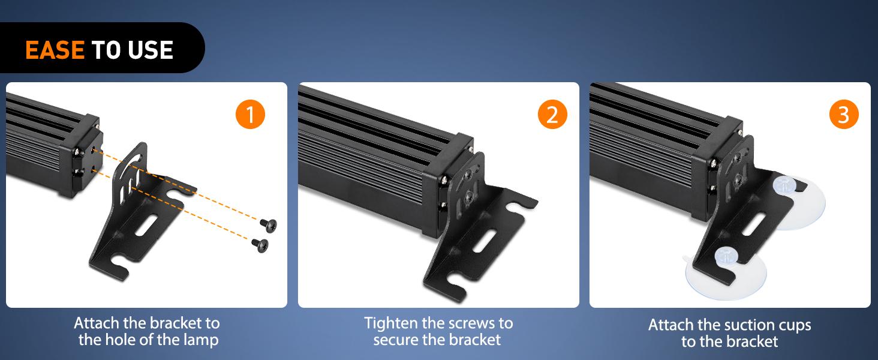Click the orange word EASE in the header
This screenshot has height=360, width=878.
tap(55, 50)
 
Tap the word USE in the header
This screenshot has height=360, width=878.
tap(151, 50)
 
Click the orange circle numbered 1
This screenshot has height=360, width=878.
tap(250, 114)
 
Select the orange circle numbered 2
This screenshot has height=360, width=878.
tap(552, 114)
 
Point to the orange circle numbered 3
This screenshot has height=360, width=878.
tap(844, 114)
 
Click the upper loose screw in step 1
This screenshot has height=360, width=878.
tap(269, 225)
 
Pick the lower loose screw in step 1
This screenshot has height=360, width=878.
tap(260, 245)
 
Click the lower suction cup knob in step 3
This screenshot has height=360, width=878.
tap(726, 256)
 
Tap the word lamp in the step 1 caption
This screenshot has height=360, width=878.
tap(200, 340)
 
